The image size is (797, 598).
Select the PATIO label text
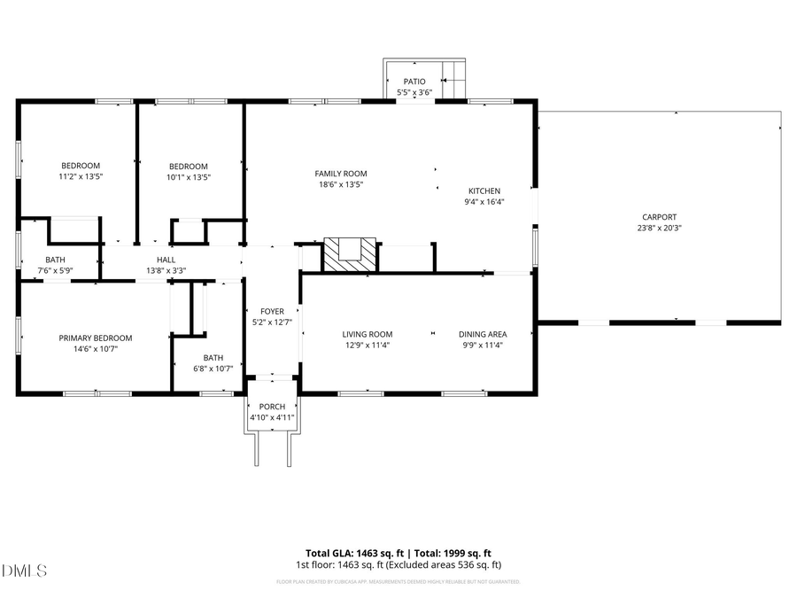[x=414, y=82]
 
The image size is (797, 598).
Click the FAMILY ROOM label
[x=341, y=174]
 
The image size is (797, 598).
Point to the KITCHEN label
[x=484, y=190]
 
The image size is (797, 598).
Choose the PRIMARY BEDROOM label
[x=96, y=338]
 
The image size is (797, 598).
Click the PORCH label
[x=272, y=407]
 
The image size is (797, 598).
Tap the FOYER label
[x=272, y=311]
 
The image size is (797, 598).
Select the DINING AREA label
[x=482, y=334]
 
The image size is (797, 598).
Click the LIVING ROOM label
[x=367, y=334]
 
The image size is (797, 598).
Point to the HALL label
[x=166, y=260]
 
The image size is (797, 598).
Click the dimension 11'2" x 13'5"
[x=81, y=176]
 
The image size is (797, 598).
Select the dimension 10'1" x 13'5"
[x=189, y=176]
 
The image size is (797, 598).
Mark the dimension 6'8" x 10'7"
[x=213, y=368]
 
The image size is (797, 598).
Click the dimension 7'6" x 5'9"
[x=56, y=270]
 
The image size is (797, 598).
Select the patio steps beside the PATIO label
[x=455, y=79]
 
